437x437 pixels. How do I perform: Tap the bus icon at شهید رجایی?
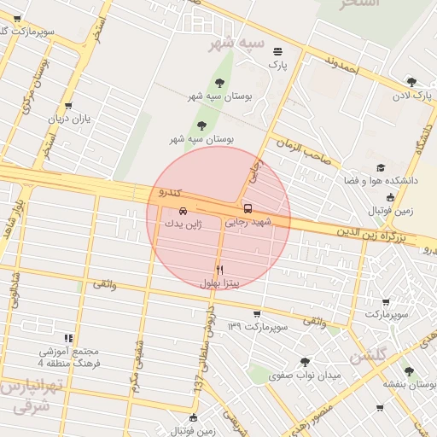tap(248, 208)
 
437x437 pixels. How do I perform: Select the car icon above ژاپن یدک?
tap(184, 210)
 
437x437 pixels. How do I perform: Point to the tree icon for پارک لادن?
tap(411, 82)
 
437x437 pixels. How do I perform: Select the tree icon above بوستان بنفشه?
tap(409, 371)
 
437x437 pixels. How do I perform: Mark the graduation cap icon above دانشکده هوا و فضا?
tap(380, 168)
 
